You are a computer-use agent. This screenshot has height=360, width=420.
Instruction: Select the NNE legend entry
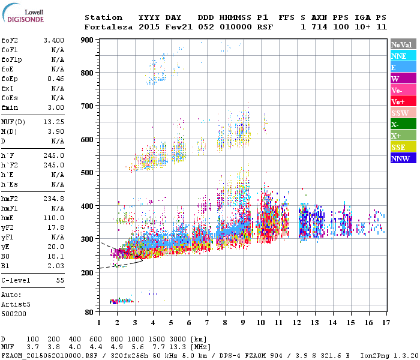[403, 56]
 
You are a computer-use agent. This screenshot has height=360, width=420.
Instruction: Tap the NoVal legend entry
[403, 44]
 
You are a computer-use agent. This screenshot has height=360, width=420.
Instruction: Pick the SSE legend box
[403, 147]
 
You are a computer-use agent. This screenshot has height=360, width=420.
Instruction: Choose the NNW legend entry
[403, 158]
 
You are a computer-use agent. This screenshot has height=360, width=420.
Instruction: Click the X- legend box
[403, 124]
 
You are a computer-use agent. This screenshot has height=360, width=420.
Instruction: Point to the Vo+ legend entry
[403, 101]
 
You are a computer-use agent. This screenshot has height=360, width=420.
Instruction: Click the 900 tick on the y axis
[88, 40]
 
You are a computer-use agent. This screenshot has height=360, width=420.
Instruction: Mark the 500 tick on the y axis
[88, 173]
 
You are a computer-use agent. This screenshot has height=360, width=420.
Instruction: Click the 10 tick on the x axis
[261, 322]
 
